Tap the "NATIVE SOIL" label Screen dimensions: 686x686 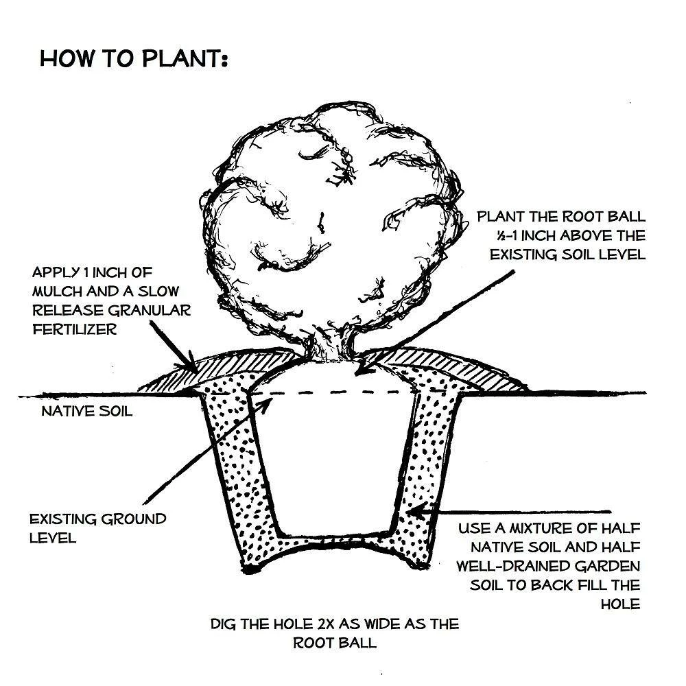pyautogui.click(x=86, y=412)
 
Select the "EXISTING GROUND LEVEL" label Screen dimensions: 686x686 pyautogui.click(x=97, y=528)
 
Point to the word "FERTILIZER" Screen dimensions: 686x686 pyautogui.click(x=74, y=329)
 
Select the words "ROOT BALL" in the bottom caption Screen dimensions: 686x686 pyautogui.click(x=335, y=643)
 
